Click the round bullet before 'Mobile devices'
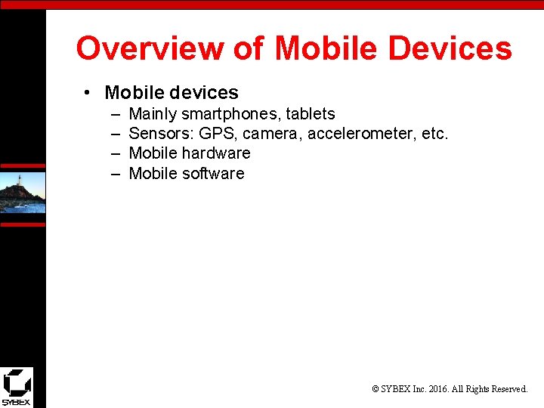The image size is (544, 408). point(88,93)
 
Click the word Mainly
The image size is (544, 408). point(153,114)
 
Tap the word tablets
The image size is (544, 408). point(311,114)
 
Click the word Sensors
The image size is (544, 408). point(161,134)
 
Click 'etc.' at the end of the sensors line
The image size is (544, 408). point(435,134)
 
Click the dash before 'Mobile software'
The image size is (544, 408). point(116,174)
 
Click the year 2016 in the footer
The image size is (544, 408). point(437,389)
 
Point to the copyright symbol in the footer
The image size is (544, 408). point(376,389)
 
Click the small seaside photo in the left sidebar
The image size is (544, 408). point(23,193)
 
